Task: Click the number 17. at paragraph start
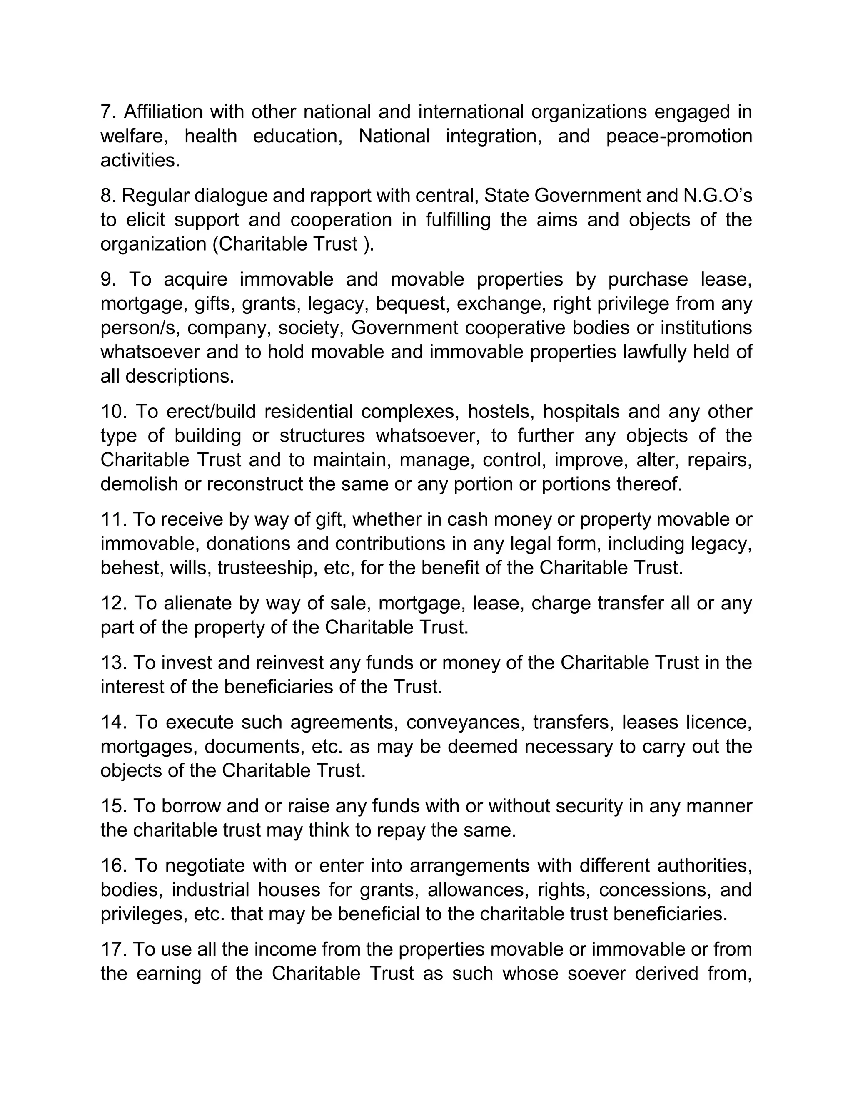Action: pos(114,949)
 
